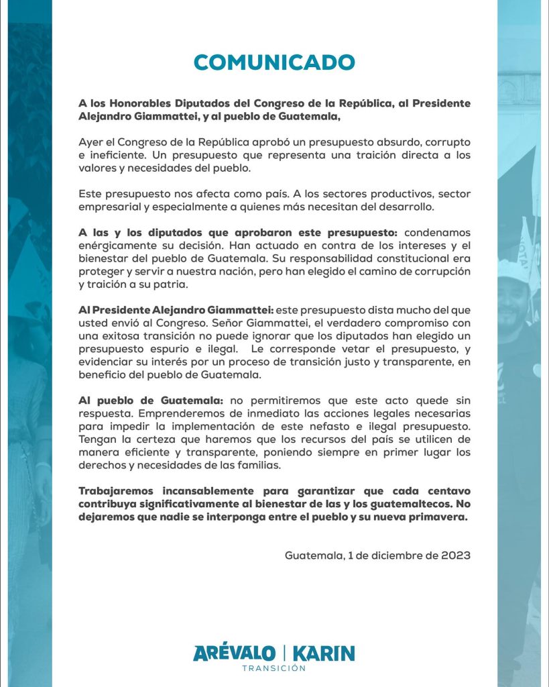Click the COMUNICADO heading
273,62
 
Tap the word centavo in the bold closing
444,490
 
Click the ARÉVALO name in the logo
233,653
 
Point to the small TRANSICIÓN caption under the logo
273,668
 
